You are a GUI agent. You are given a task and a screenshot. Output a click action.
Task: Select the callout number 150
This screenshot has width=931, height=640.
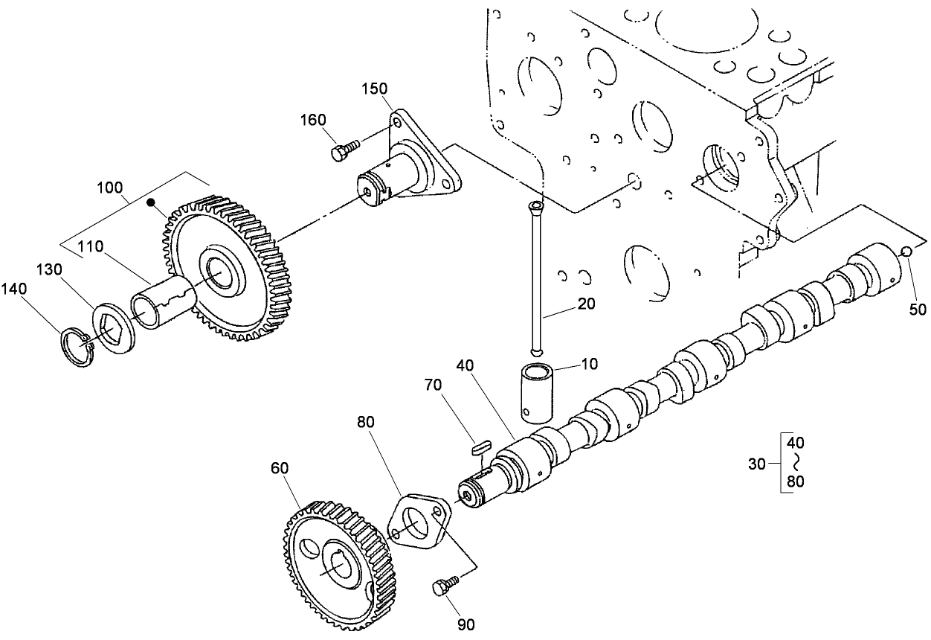tap(375, 89)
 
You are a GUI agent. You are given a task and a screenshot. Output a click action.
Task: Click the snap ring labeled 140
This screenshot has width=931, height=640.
tap(76, 348)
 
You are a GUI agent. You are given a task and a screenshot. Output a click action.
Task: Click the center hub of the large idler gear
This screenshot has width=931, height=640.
tap(223, 273)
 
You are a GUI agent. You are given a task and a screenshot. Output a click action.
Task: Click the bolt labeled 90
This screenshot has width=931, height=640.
tap(443, 587)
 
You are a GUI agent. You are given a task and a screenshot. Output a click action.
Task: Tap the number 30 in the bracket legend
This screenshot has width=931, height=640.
tap(756, 464)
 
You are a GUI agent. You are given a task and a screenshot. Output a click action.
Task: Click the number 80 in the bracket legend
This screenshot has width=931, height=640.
tap(795, 481)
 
